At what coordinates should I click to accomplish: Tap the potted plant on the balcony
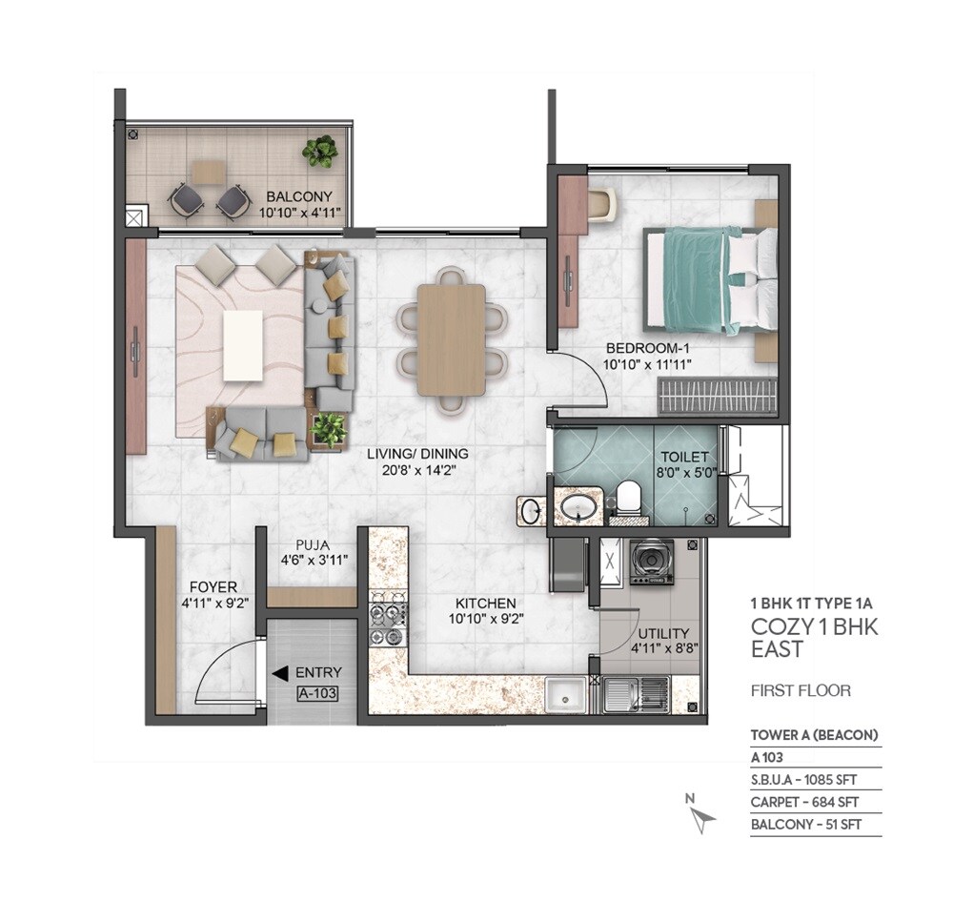point(320,150)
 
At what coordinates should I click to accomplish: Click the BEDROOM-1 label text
point(645,348)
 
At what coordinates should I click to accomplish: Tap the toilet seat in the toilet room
point(628,500)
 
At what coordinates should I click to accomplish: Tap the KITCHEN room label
point(485,604)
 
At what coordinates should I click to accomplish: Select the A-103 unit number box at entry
point(317,694)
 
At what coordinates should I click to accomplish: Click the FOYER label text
point(213,587)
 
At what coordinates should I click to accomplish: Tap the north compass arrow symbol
point(703,817)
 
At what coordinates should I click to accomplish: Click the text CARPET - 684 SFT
point(805,802)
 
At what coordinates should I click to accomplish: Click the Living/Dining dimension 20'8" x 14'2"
point(418,470)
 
